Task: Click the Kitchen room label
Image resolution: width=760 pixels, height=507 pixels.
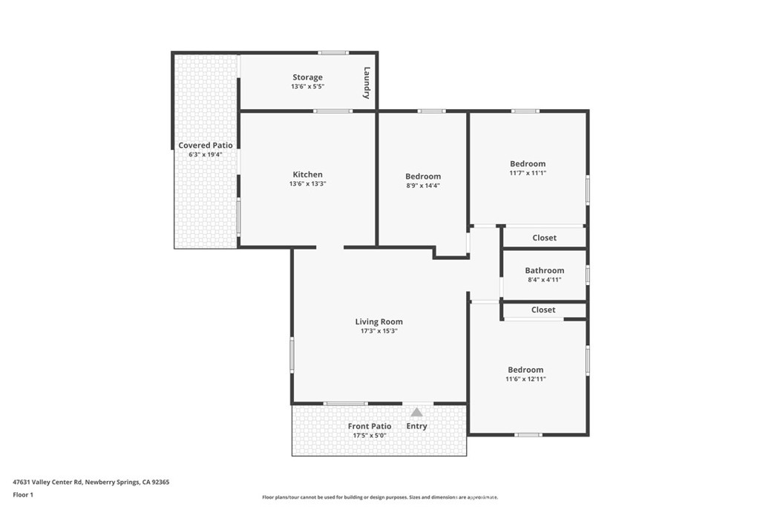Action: pyautogui.click(x=307, y=174)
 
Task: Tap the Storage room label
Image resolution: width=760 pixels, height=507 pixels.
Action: pyautogui.click(x=307, y=77)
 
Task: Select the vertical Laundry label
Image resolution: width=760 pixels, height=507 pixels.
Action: pyautogui.click(x=367, y=83)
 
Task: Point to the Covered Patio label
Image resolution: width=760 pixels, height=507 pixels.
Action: pyautogui.click(x=206, y=145)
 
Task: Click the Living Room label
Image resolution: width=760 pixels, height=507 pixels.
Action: pyautogui.click(x=379, y=321)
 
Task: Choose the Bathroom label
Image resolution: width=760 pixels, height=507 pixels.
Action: pyautogui.click(x=544, y=271)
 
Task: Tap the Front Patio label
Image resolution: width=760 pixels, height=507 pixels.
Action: pyautogui.click(x=370, y=426)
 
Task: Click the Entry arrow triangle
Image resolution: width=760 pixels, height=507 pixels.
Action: pyautogui.click(x=417, y=413)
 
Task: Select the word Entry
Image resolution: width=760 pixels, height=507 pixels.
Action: pyautogui.click(x=417, y=426)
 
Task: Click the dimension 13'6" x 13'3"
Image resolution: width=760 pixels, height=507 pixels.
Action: pyautogui.click(x=307, y=184)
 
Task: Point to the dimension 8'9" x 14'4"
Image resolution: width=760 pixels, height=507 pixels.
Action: pyautogui.click(x=423, y=186)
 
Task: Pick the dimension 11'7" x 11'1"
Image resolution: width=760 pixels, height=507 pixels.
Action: pyautogui.click(x=528, y=173)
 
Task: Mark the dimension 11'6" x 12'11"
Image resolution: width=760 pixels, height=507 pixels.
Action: pyautogui.click(x=525, y=379)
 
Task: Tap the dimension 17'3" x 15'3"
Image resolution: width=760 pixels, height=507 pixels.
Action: pyautogui.click(x=379, y=331)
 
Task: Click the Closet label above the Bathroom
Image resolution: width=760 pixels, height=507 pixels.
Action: pyautogui.click(x=544, y=238)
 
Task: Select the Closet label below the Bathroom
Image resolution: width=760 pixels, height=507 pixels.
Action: pyautogui.click(x=543, y=310)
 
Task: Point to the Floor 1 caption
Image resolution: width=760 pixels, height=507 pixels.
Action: pyautogui.click(x=23, y=494)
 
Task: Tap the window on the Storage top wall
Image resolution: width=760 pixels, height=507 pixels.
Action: pyautogui.click(x=333, y=53)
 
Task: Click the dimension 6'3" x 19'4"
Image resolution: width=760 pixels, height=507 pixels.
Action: pyautogui.click(x=206, y=154)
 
